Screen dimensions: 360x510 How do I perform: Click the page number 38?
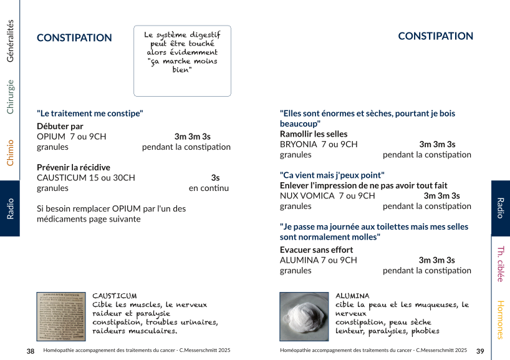click(31, 351)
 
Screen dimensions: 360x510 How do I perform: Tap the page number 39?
click(480, 351)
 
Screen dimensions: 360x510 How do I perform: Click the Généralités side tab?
click(10, 41)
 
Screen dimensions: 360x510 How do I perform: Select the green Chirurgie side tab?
click(10, 97)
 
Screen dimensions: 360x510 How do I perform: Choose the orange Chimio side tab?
click(10, 152)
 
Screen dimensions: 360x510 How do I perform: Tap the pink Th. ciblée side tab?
click(500, 264)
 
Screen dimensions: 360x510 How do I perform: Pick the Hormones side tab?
click(500, 319)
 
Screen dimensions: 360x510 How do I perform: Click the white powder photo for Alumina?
click(304, 316)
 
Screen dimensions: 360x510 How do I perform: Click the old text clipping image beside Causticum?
click(61, 316)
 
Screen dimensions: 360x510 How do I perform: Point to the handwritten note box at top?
click(182, 61)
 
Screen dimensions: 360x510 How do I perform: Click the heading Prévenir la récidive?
click(74, 167)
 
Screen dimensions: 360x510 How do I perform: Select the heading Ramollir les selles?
click(314, 134)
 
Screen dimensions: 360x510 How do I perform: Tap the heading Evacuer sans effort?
click(316, 250)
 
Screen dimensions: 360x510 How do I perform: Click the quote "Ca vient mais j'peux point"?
click(332, 175)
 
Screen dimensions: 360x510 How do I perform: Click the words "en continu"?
click(209, 188)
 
